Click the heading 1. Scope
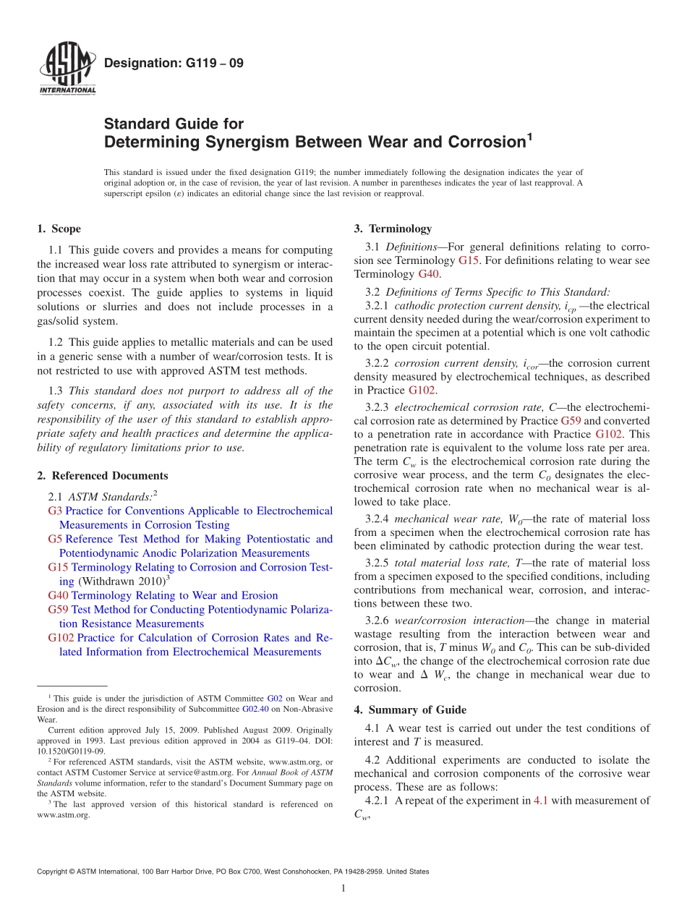59,229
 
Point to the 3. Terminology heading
393,229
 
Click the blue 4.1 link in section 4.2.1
541,801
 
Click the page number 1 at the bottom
343,889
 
